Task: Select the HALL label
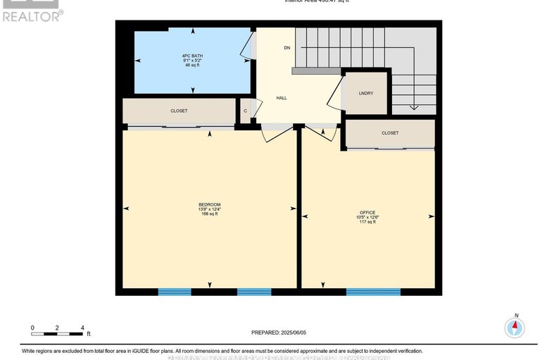pyautogui.click(x=281, y=99)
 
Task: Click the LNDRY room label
pyautogui.click(x=365, y=93)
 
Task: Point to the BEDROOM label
pyautogui.click(x=209, y=204)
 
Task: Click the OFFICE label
pyautogui.click(x=368, y=212)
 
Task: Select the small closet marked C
pyautogui.click(x=245, y=111)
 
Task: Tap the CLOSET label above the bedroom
pyautogui.click(x=179, y=111)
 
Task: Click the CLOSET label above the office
pyautogui.click(x=390, y=132)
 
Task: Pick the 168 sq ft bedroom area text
pyautogui.click(x=209, y=213)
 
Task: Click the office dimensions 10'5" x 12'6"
pyautogui.click(x=368, y=217)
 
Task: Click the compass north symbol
pyautogui.click(x=515, y=326)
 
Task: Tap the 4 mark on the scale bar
pyautogui.click(x=82, y=328)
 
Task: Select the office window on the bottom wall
pyautogui.click(x=373, y=291)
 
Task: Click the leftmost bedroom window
pyautogui.click(x=174, y=291)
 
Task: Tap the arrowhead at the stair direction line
pyautogui.click(x=414, y=108)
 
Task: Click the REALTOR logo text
pyautogui.click(x=32, y=14)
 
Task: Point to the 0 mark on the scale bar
pyautogui.click(x=32, y=328)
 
